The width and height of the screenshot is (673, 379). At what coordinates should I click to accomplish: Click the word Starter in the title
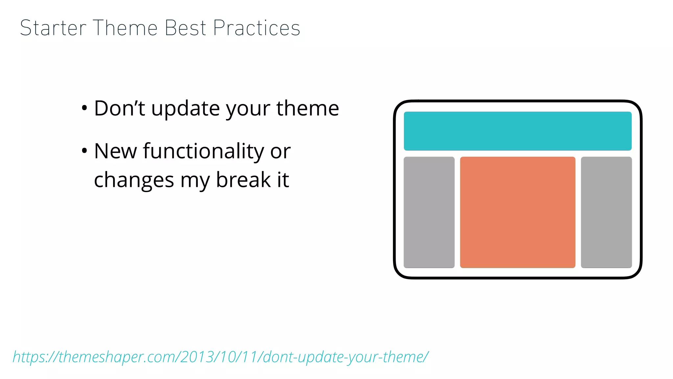coord(53,28)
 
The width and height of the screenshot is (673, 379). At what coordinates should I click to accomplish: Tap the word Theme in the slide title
coord(125,28)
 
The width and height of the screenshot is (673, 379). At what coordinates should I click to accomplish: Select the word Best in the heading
coord(185,28)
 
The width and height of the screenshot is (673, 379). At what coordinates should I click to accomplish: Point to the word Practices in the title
coord(257,28)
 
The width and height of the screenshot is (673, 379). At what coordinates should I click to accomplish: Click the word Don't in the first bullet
coord(119,108)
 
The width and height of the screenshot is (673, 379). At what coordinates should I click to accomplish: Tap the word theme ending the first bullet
coord(308,108)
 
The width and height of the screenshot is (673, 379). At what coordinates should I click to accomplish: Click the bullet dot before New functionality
coord(84,151)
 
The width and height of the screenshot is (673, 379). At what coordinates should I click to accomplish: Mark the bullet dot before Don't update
coord(84,108)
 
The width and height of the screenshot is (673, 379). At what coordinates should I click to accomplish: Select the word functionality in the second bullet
coord(203,151)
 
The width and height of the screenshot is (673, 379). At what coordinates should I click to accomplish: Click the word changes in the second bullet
coord(134,181)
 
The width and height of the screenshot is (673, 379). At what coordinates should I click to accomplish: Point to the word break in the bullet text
coord(243,180)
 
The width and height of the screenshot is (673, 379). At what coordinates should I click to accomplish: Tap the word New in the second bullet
coord(115,151)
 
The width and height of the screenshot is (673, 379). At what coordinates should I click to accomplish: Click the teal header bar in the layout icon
coord(518,131)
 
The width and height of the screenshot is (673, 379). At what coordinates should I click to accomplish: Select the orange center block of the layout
coord(518,212)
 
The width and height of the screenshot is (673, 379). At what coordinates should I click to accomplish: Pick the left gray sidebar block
coord(429,212)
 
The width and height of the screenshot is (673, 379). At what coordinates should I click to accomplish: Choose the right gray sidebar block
coord(606,212)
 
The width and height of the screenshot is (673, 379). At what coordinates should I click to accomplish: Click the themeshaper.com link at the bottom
coord(220,357)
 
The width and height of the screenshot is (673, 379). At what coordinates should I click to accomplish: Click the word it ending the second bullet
coord(283,180)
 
